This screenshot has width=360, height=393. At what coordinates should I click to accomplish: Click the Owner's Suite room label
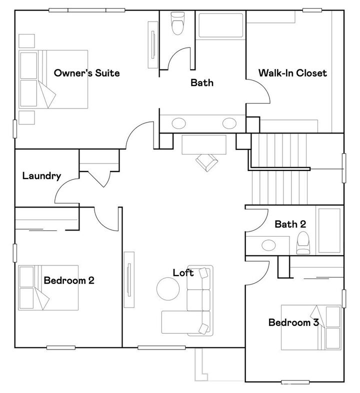click(x=86, y=73)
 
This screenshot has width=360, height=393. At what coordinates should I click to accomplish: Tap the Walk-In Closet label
click(x=292, y=73)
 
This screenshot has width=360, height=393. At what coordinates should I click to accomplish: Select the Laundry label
click(x=41, y=176)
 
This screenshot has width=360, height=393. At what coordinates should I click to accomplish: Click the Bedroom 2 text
click(x=69, y=280)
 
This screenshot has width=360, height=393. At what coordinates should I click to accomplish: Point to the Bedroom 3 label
click(x=293, y=322)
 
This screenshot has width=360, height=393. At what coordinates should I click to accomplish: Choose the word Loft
click(x=183, y=273)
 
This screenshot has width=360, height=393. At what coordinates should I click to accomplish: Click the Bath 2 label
click(x=290, y=224)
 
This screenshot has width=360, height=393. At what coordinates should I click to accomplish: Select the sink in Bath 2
click(x=269, y=245)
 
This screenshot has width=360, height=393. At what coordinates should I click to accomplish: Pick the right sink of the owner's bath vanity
click(x=229, y=123)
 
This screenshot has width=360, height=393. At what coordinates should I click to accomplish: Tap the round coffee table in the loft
click(x=168, y=289)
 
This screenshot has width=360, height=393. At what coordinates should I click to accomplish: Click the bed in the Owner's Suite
click(x=53, y=78)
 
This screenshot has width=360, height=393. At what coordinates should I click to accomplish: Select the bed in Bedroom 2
click(x=48, y=288)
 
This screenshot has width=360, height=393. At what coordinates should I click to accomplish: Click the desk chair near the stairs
click(x=206, y=161)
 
